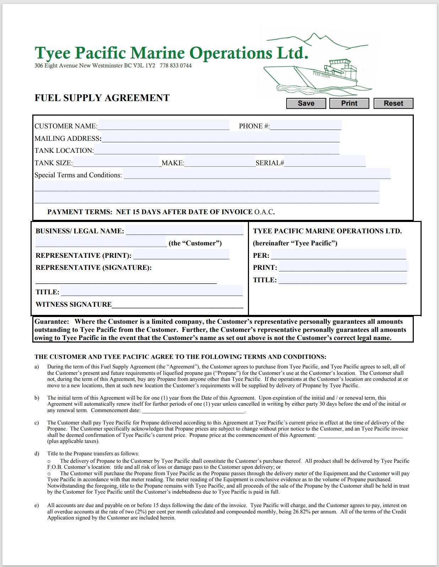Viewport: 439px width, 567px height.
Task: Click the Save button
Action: coord(306,103)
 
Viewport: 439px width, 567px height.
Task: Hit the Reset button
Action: coord(393,103)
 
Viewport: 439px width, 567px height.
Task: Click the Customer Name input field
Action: coord(163,125)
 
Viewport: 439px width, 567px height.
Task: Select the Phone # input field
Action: coord(305,125)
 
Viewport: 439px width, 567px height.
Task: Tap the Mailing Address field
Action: coord(220,138)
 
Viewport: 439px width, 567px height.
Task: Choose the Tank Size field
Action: coord(117,162)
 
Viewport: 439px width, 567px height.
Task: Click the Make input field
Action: coord(220,162)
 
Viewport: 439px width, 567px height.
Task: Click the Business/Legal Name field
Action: coord(184,230)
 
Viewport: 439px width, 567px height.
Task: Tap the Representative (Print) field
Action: coord(181,255)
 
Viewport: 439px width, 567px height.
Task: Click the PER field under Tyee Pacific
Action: coord(338,255)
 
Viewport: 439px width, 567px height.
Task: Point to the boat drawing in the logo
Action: coord(316,76)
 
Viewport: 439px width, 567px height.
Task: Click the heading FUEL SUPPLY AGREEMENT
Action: coord(102,98)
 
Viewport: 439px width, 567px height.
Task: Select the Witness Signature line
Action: coord(177,305)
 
